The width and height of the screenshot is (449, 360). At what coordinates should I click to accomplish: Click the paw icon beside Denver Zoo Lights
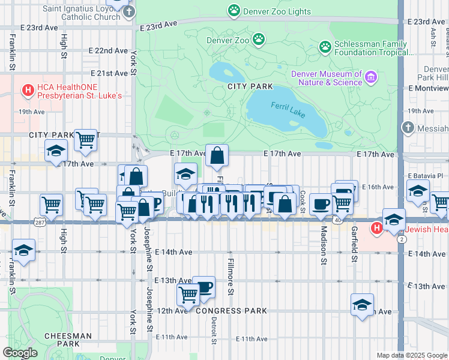tap(234, 11)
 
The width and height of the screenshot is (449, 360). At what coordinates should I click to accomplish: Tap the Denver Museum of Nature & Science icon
tap(371, 77)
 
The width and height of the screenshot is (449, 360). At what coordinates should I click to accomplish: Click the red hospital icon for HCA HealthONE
tap(28, 91)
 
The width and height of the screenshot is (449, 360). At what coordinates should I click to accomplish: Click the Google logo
tap(20, 353)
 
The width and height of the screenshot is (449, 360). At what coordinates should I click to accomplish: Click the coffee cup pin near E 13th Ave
tap(203, 286)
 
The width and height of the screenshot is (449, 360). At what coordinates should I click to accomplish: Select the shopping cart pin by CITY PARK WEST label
tap(86, 140)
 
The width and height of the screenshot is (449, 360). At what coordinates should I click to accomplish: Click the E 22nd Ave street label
tap(108, 50)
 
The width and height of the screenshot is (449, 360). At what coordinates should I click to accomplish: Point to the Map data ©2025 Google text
tap(411, 355)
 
